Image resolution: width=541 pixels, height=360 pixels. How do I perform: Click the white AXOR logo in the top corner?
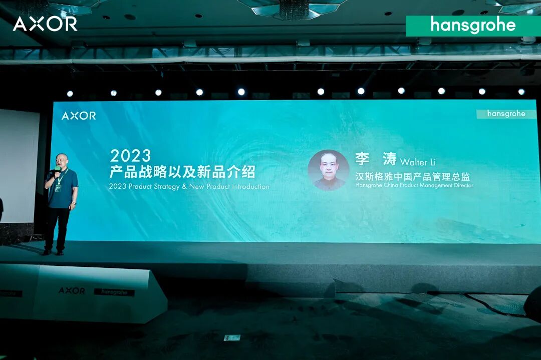coord(45,24)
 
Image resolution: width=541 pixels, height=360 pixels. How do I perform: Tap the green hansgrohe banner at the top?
coord(472,26)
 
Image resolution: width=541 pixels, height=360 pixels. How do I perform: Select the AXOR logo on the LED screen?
coord(79,116)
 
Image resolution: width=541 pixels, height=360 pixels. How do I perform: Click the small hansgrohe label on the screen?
coord(506,114)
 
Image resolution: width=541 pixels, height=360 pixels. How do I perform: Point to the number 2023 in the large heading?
coord(130,155)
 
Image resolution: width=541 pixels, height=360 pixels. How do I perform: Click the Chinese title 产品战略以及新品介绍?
coord(182,172)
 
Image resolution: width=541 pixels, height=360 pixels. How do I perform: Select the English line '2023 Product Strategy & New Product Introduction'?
coord(189,187)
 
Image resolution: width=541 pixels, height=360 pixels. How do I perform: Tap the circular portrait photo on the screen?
coord(328,170)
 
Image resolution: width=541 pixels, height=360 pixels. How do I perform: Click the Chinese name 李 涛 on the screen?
coord(375,159)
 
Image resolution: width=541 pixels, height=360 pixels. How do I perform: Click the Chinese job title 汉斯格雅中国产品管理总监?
coord(412,177)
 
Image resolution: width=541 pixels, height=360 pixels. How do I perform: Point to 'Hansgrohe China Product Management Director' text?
coord(414,185)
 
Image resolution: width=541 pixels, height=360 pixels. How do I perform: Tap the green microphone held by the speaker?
coord(58,173)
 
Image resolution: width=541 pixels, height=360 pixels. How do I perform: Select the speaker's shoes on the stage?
coord(53,252)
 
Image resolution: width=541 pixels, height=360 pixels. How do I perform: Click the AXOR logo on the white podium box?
coord(72,290)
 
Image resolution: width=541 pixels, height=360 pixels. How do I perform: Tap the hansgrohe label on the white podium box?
coord(114,292)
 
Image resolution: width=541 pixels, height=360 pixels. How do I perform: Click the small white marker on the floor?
coord(232,337)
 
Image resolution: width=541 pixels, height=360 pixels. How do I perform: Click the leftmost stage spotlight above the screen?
coord(70,94)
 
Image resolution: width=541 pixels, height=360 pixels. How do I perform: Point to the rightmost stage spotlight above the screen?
coord(521,92)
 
